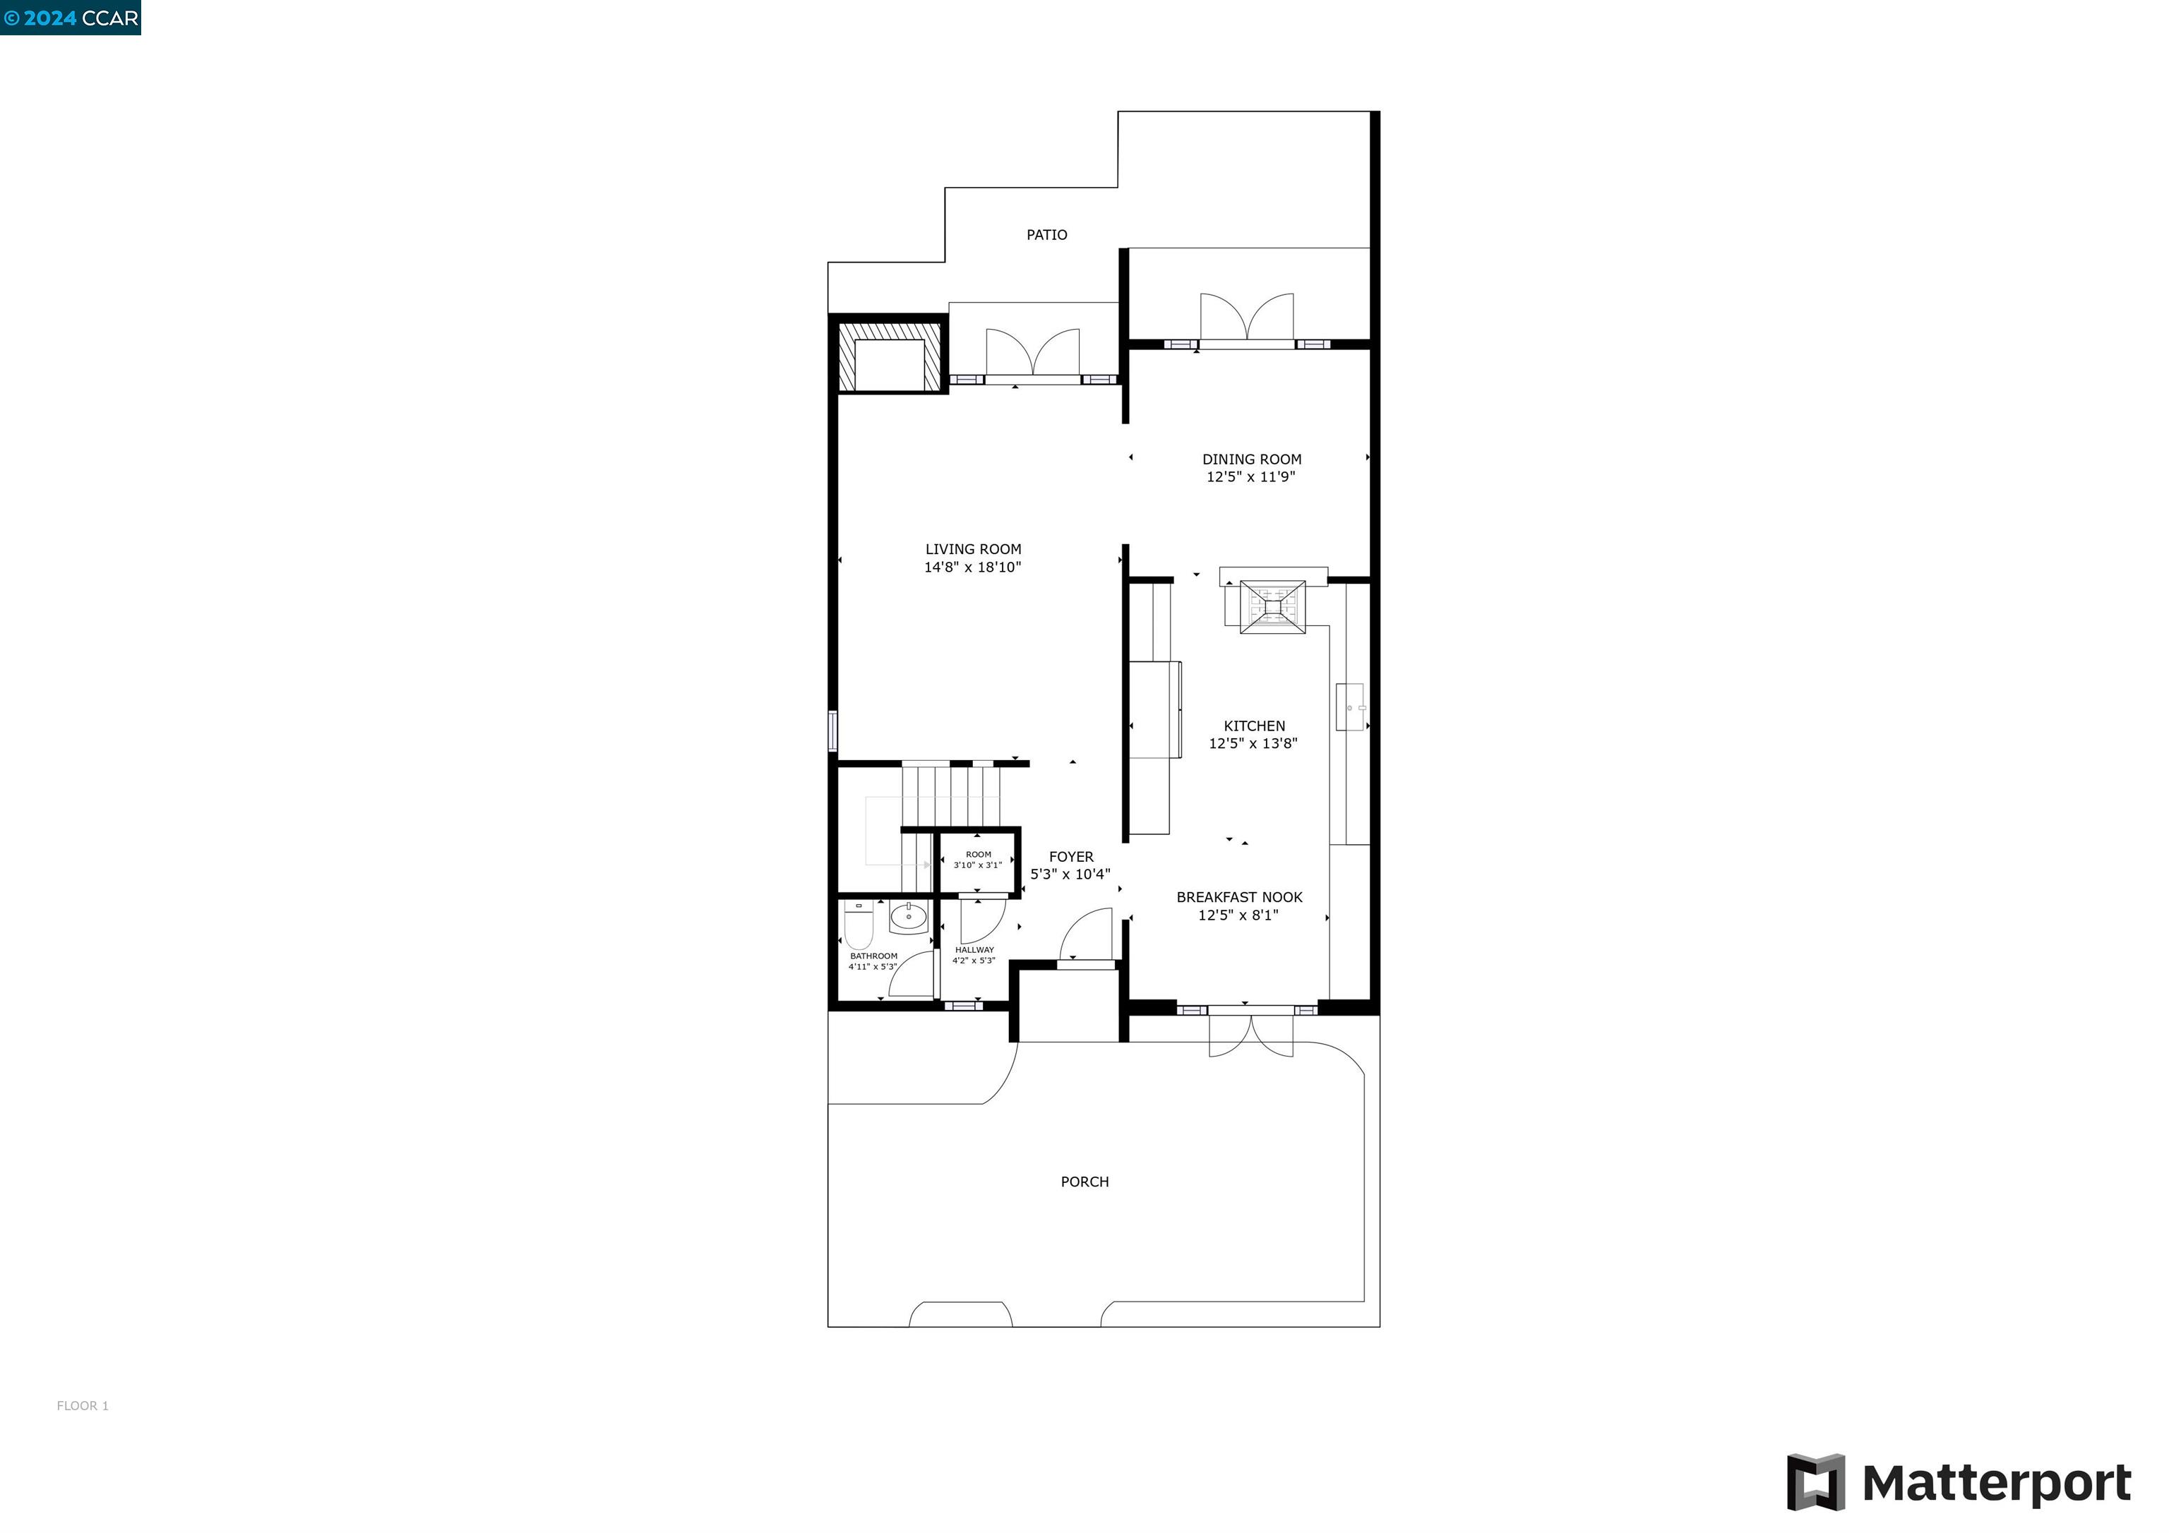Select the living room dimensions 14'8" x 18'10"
(972, 567)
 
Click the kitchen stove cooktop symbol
(1272, 606)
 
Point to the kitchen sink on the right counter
(1350, 707)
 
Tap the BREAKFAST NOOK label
(1238, 896)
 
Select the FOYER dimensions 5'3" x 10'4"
(1070, 874)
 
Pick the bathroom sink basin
(908, 916)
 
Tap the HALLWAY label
(974, 949)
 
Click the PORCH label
(1084, 1181)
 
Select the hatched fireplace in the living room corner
(888, 354)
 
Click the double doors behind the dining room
(1246, 319)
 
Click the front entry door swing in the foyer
(1087, 935)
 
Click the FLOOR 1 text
(82, 1405)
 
